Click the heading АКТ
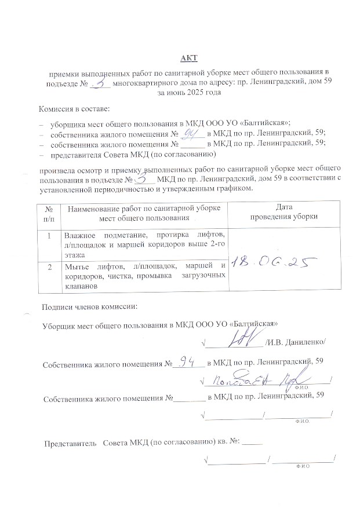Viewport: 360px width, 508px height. click(189, 57)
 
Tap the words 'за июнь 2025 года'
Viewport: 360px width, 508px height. click(189, 92)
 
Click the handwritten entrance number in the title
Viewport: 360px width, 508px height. click(102, 83)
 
